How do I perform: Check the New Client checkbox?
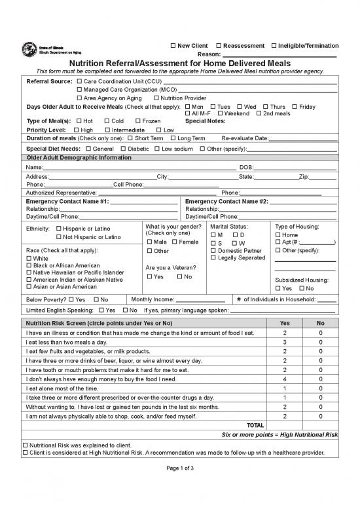[173, 46]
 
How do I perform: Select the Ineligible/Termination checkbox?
[274, 46]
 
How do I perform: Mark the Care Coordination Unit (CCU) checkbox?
[80, 81]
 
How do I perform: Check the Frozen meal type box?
[137, 121]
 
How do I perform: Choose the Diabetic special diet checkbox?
[123, 149]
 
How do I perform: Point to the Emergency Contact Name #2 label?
[226, 201]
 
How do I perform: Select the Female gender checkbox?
[175, 243]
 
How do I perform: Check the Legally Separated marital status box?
[213, 258]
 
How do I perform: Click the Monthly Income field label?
[155, 299]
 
